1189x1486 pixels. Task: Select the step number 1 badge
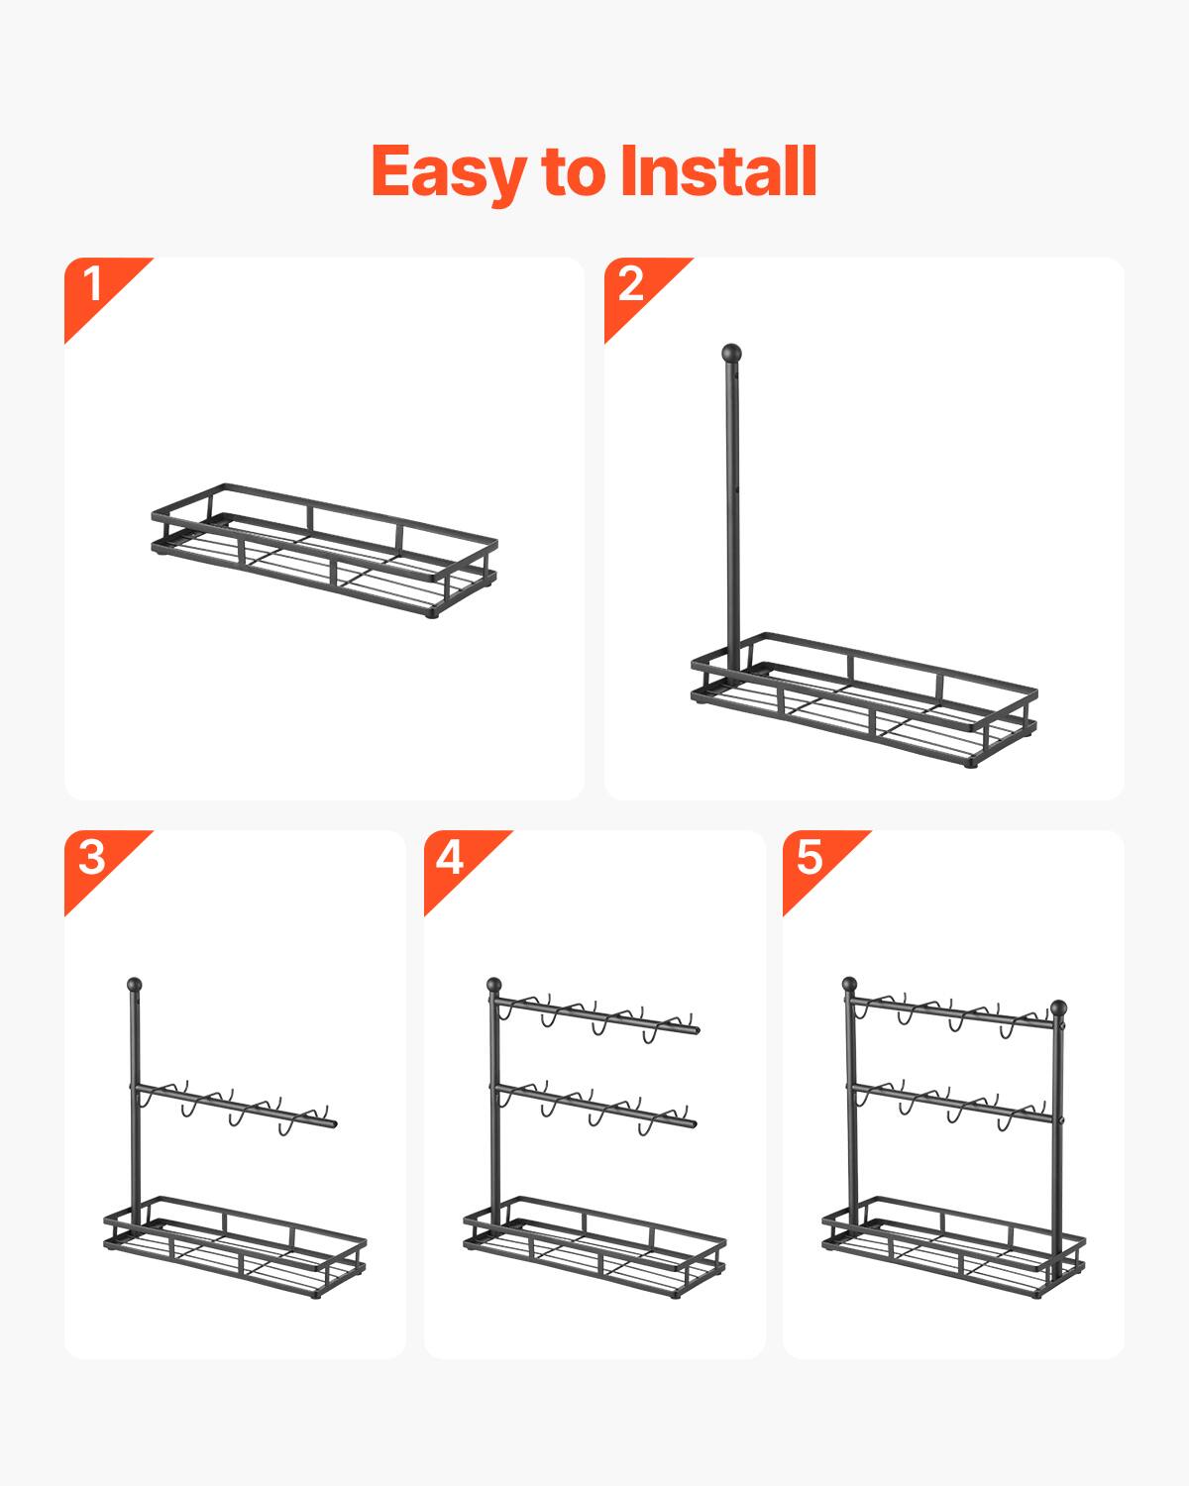[x=94, y=285]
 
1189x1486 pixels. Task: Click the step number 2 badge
[x=632, y=285]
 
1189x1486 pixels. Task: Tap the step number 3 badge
[x=92, y=858]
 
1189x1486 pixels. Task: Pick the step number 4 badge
[x=451, y=858]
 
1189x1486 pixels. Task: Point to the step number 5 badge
[x=810, y=858]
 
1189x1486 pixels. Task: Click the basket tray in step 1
[x=325, y=551]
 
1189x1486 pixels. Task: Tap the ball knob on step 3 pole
[x=134, y=985]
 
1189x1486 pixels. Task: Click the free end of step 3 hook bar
[x=333, y=1123]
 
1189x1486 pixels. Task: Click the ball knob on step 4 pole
[x=493, y=985]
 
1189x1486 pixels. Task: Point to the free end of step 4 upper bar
[x=695, y=1030]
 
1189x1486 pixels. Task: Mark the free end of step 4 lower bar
[x=693, y=1123]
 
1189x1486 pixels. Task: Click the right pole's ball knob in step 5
[x=1058, y=1008]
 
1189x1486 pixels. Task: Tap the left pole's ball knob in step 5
[x=849, y=985]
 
